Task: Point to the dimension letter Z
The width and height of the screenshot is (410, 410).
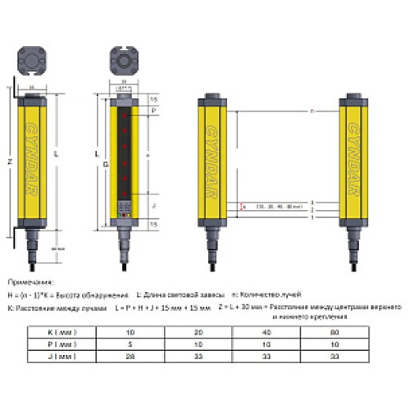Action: (9, 162)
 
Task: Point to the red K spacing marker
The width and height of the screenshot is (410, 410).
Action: (244, 207)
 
